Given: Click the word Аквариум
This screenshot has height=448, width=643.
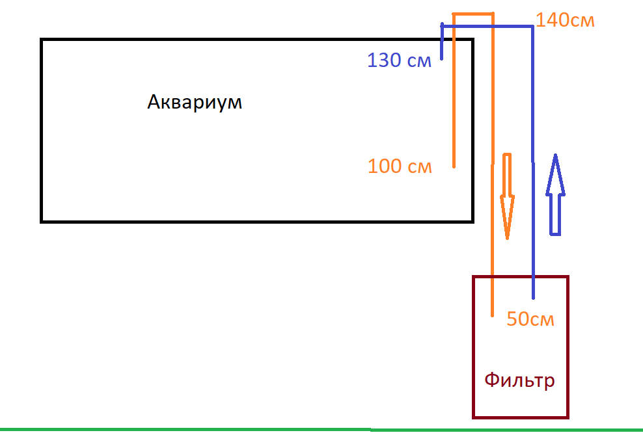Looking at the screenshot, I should click(x=195, y=103).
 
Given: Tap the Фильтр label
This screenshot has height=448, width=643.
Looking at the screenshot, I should click(x=520, y=379).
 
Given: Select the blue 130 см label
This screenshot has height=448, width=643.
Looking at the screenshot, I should click(x=399, y=61).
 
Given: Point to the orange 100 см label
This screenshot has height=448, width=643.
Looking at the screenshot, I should click(x=400, y=166).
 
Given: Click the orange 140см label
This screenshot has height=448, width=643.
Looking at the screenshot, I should click(x=565, y=20).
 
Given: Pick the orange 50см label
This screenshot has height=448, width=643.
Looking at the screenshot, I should click(x=530, y=320).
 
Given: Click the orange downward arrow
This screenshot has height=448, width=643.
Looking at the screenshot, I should click(x=507, y=195).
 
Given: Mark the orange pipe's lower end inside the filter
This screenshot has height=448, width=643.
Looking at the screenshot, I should click(x=492, y=315).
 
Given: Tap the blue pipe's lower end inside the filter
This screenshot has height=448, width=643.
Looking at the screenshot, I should click(x=534, y=298).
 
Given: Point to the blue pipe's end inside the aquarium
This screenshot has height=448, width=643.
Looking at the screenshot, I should click(x=442, y=59).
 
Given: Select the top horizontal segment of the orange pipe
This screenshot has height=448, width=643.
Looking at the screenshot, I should click(x=472, y=13).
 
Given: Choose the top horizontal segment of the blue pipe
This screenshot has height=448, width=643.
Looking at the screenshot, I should click(x=488, y=25).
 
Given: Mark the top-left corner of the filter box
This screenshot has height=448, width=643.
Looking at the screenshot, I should click(x=473, y=277).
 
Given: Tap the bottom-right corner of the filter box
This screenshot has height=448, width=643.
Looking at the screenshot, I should click(x=568, y=417).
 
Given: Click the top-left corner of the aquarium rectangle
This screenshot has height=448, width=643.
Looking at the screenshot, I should click(x=42, y=40).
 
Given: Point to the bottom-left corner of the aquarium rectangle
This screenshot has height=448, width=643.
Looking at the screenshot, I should click(x=42, y=221).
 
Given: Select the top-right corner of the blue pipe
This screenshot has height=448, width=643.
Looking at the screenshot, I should click(x=534, y=25).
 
